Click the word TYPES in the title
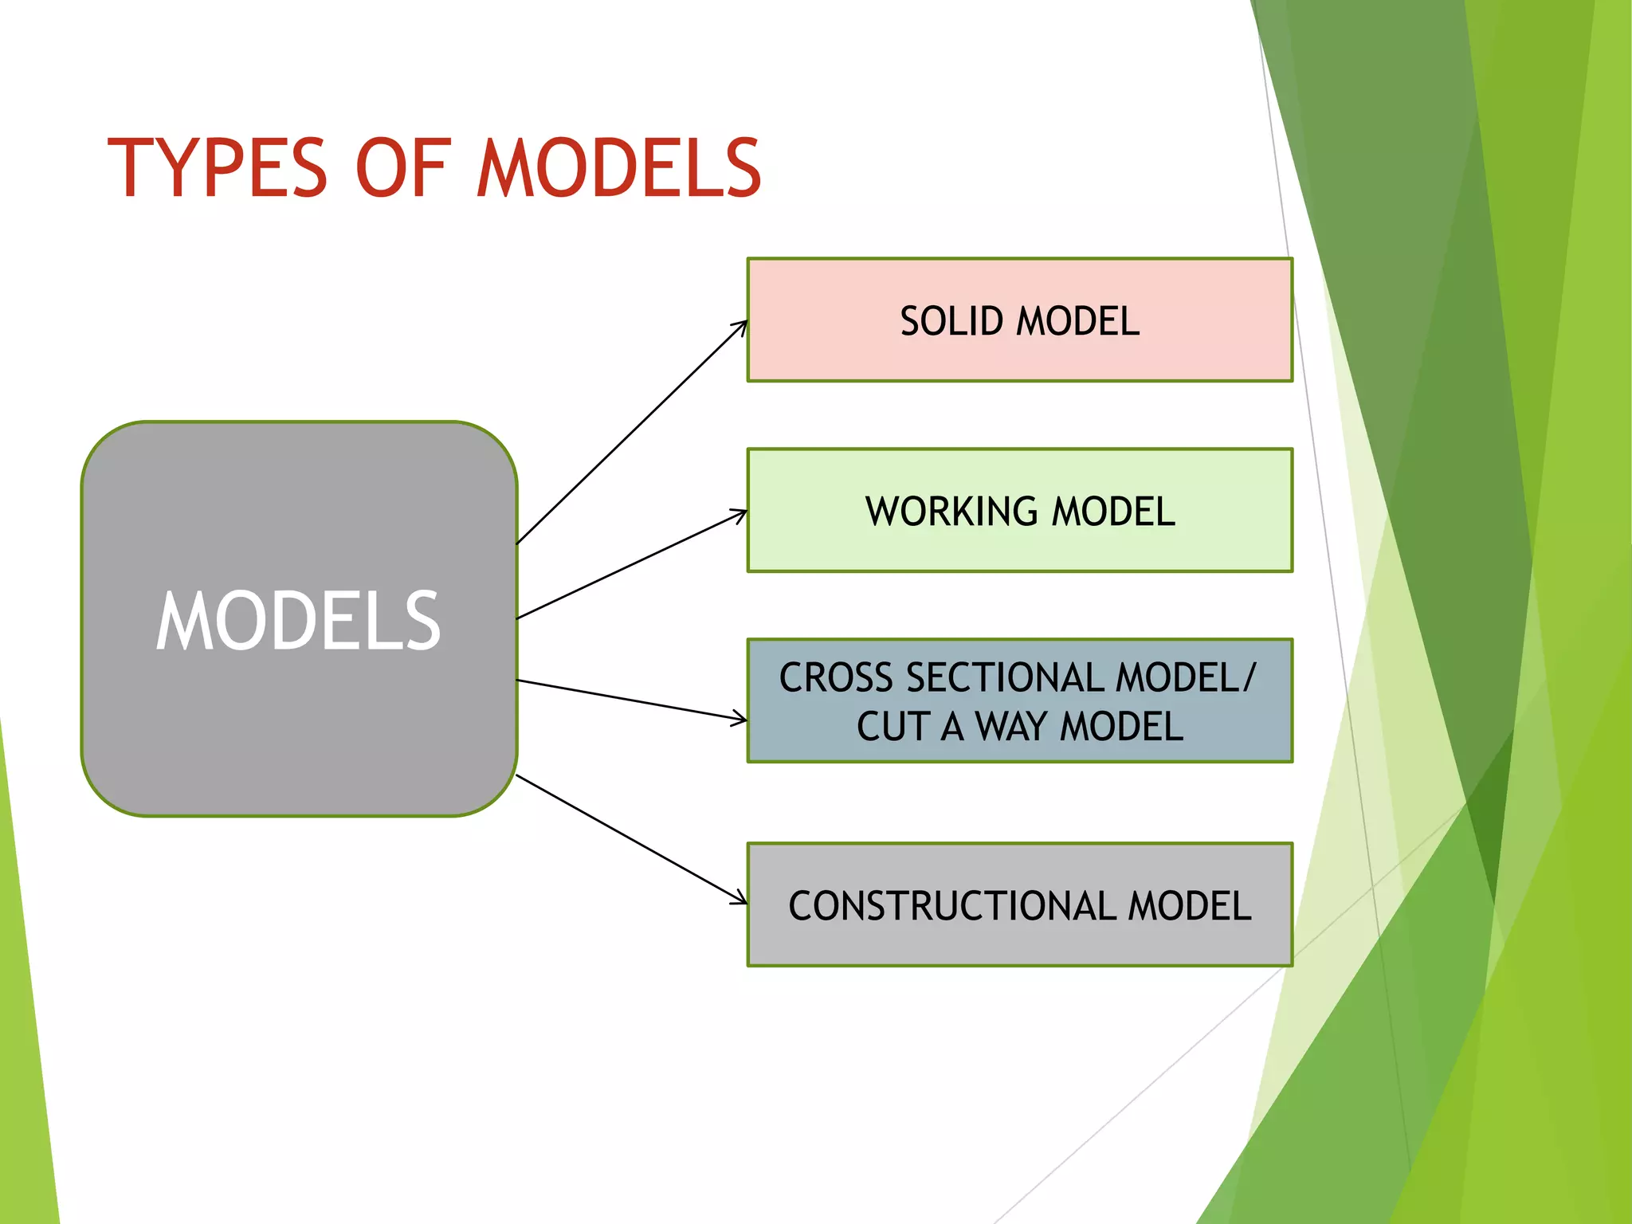click(x=217, y=168)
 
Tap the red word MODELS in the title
click(x=619, y=168)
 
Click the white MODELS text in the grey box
click(x=298, y=621)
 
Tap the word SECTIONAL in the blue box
click(x=1005, y=678)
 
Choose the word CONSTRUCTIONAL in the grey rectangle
click(x=952, y=907)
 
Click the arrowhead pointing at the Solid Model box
click(x=741, y=326)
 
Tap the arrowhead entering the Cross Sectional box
click(x=740, y=719)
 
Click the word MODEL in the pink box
click(x=1078, y=322)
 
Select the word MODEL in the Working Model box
click(x=1113, y=512)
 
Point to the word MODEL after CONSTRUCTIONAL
click(x=1190, y=907)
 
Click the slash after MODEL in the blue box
click(x=1249, y=678)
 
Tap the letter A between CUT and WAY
click(x=951, y=727)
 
